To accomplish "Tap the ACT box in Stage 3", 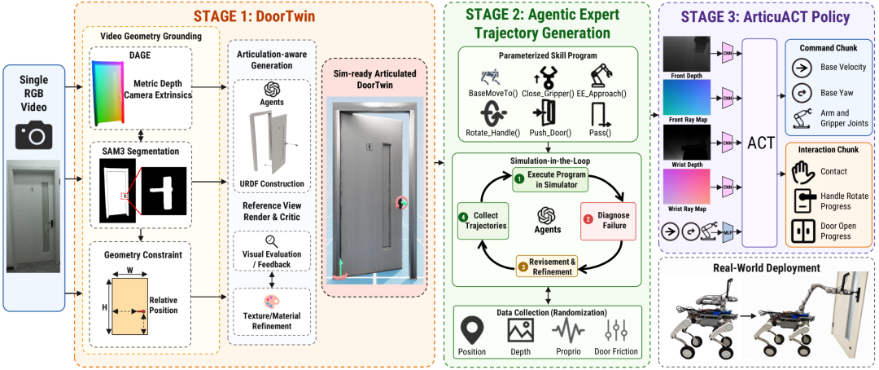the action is click(759, 143).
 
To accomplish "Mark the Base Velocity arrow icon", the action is click(802, 68).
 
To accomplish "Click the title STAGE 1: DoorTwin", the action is click(255, 16).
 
